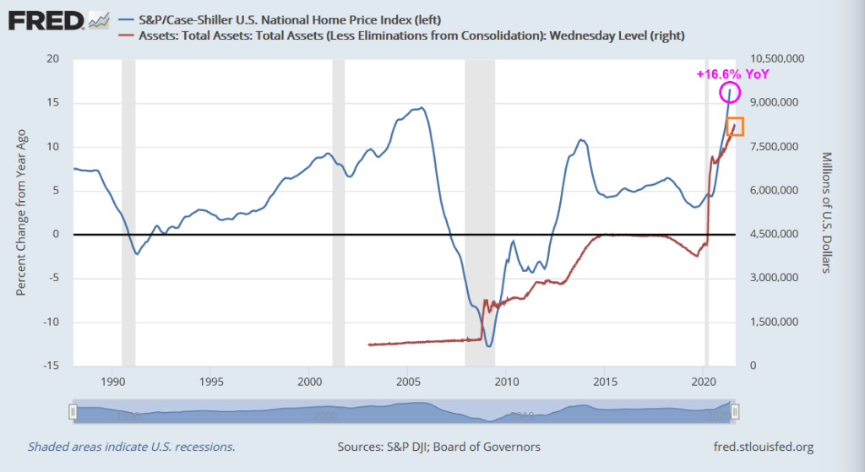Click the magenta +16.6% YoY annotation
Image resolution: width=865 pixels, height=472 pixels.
pyautogui.click(x=733, y=74)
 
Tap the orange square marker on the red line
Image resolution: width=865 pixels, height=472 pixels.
pyautogui.click(x=735, y=127)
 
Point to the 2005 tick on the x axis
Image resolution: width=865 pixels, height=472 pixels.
pyautogui.click(x=407, y=381)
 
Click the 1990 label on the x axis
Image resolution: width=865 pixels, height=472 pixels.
pyautogui.click(x=112, y=381)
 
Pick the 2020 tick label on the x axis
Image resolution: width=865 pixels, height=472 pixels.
pyautogui.click(x=704, y=381)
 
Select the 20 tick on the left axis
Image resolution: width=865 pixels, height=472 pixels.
pyautogui.click(x=54, y=59)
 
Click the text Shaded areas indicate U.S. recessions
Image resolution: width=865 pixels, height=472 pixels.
pyautogui.click(x=131, y=447)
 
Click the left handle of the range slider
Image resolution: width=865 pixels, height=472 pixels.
pyautogui.click(x=73, y=411)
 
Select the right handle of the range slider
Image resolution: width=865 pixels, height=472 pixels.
pyautogui.click(x=735, y=411)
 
